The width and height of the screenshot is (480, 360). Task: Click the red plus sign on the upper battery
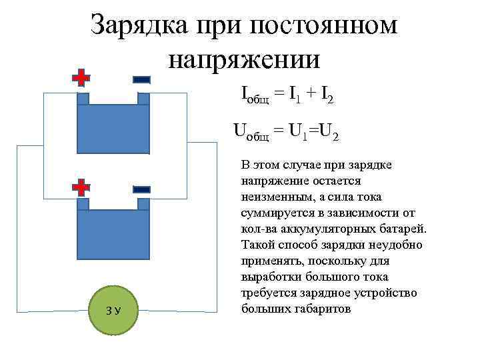pos(81,78)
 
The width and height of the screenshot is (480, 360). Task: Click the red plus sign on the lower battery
pos(81,187)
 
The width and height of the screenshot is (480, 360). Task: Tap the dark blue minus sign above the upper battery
pos(141,78)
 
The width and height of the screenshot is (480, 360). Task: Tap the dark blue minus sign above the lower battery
pos(141,189)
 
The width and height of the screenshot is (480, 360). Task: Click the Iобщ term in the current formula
pos(256,97)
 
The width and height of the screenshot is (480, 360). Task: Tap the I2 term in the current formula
pos(327,97)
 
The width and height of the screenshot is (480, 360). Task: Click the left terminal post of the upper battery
pos(83,99)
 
